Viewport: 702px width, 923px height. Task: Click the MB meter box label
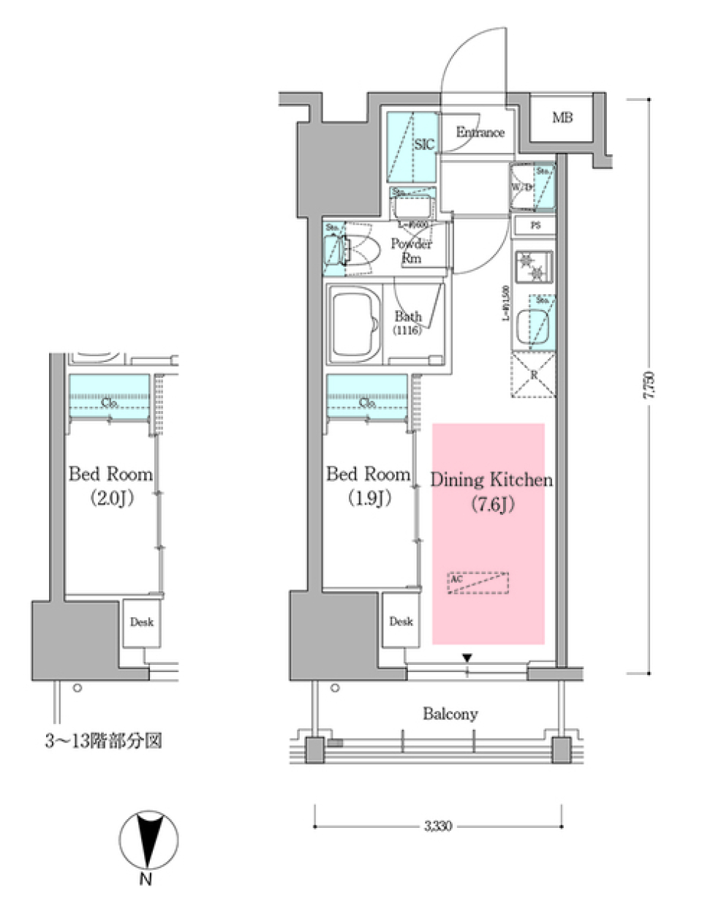click(562, 118)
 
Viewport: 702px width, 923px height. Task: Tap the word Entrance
click(480, 132)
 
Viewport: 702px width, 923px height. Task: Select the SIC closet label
click(424, 145)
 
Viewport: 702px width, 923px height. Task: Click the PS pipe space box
click(535, 226)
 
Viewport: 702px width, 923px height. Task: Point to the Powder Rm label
click(411, 250)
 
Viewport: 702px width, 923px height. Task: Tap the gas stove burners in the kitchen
click(533, 266)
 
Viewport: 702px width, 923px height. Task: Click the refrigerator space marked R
click(533, 374)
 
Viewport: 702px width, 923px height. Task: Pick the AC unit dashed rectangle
click(478, 583)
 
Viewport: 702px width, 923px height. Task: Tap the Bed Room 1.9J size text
click(368, 498)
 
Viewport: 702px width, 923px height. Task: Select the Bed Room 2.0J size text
click(111, 499)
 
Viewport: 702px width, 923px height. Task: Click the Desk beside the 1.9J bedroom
click(401, 621)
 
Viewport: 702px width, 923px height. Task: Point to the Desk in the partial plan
click(141, 622)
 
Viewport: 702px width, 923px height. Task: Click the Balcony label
click(450, 714)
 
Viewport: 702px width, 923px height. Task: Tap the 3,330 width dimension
click(438, 826)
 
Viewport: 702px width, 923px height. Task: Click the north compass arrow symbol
click(148, 841)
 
